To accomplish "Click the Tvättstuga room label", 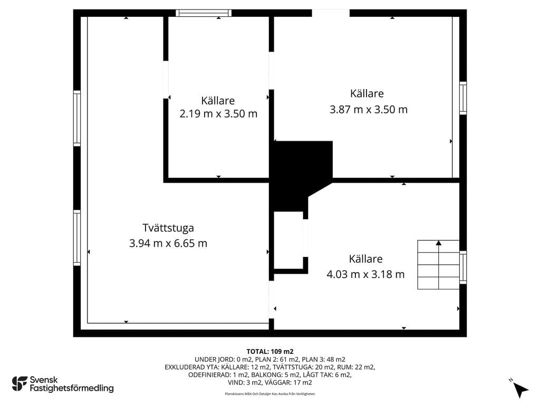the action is click(168, 228).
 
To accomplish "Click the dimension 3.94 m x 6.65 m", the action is click(168, 243).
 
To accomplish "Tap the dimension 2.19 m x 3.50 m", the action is click(218, 114).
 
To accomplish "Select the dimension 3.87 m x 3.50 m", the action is click(369, 110).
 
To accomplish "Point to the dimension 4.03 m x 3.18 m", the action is click(365, 274).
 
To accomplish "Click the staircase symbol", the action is click(438, 265).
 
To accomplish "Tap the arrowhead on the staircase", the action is click(438, 243).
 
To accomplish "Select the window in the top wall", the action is click(204, 13).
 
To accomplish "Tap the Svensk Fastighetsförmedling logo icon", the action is click(20, 384).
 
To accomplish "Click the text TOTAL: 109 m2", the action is click(270, 352).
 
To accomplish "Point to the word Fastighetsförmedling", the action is click(72, 389).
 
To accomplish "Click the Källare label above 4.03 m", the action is click(365, 259).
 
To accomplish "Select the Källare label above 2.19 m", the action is click(218, 101).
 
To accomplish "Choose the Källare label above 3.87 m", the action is click(367, 93).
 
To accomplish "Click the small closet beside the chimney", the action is click(288, 240).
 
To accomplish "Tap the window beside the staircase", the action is click(463, 267).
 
